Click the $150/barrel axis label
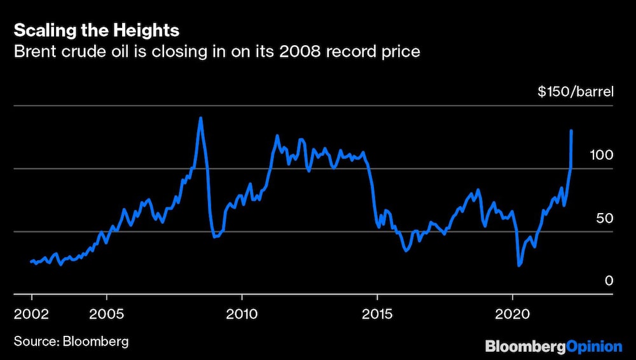click(x=575, y=92)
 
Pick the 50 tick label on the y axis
click(x=604, y=218)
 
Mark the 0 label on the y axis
click(x=609, y=280)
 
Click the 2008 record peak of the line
click(x=201, y=118)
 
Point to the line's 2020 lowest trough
click(x=519, y=266)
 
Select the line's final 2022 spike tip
click(x=571, y=130)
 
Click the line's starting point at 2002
click(x=31, y=261)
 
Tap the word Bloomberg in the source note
click(x=95, y=342)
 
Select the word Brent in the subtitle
click(x=35, y=52)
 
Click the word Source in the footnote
click(x=35, y=342)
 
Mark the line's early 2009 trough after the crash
click(x=215, y=237)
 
